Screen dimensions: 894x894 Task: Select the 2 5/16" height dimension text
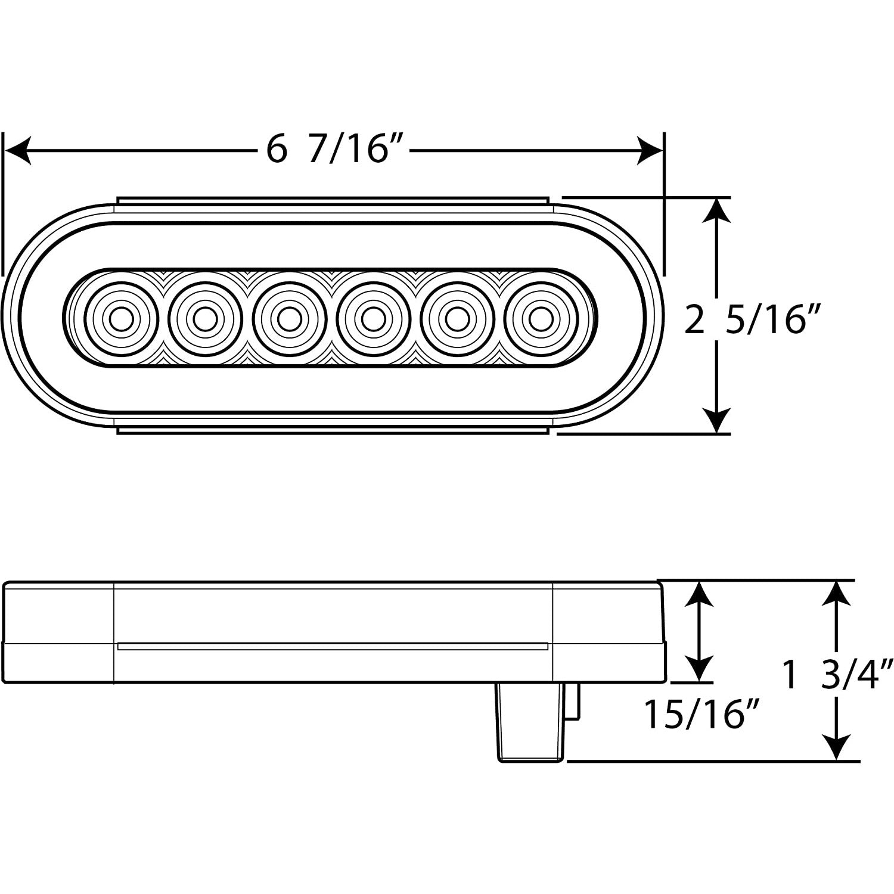pos(749,321)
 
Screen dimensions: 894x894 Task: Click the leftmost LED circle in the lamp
pos(121,319)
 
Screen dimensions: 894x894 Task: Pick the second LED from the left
pos(205,319)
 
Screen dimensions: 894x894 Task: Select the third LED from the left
pos(289,319)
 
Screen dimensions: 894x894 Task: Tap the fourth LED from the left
pos(373,319)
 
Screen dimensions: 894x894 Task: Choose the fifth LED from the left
pos(457,319)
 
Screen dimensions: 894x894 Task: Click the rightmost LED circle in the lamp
pos(541,319)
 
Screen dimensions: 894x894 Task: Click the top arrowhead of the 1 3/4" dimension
pos(838,594)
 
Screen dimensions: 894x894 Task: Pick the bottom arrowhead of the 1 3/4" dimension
pos(838,748)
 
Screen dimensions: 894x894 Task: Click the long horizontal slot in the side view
pos(333,645)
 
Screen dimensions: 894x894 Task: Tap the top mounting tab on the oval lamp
pos(333,201)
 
